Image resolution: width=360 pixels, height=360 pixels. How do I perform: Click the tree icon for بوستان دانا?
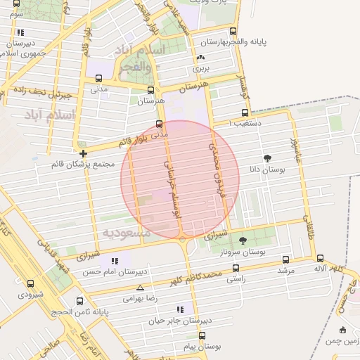tap(267, 158)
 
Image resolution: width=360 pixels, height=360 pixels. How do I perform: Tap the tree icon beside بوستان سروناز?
tap(243, 240)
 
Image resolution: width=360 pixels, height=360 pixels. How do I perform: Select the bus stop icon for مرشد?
tap(285, 259)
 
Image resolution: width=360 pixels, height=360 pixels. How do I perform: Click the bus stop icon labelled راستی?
tap(235, 268)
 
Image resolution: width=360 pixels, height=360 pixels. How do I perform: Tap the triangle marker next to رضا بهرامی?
tap(141, 288)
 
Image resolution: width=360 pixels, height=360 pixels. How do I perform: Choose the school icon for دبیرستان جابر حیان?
tap(180, 309)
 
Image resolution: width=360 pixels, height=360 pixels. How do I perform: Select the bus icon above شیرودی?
tap(30, 283)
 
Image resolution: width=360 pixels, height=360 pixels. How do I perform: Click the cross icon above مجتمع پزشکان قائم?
tap(84, 153)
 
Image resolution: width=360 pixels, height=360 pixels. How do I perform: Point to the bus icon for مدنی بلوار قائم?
tap(159, 124)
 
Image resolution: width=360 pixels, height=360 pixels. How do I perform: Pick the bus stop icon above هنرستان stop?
tap(151, 91)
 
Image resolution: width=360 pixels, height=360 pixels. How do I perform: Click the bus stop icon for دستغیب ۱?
tap(244, 112)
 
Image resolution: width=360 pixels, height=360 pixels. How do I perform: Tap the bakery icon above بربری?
tap(202, 58)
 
